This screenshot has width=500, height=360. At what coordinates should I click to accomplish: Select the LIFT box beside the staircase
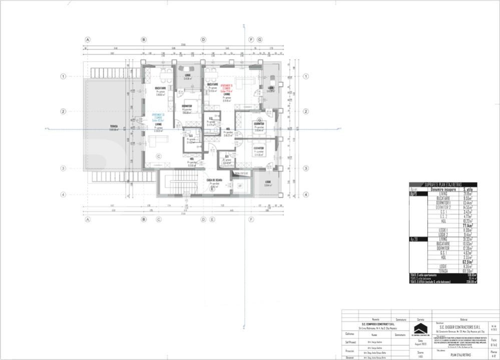coord(240,185)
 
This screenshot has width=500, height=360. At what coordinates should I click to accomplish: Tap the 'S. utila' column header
coord(469,190)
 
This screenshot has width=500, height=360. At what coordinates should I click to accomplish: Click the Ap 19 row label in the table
coord(414,194)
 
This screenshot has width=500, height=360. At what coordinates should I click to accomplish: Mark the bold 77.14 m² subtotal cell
coord(467,225)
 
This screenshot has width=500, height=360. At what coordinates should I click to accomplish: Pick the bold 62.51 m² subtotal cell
coord(467,261)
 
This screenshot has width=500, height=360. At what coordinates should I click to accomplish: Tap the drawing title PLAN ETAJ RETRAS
coord(460,354)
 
